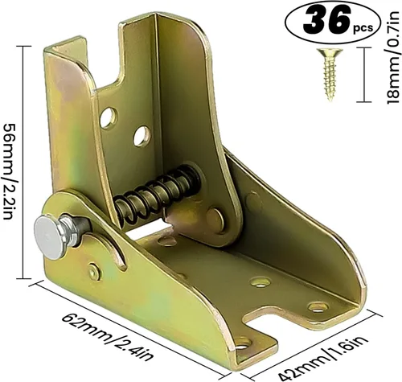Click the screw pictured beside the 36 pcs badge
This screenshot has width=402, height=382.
[329, 74]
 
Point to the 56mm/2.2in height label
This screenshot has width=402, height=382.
[10, 162]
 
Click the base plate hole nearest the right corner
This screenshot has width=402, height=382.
[318, 306]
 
